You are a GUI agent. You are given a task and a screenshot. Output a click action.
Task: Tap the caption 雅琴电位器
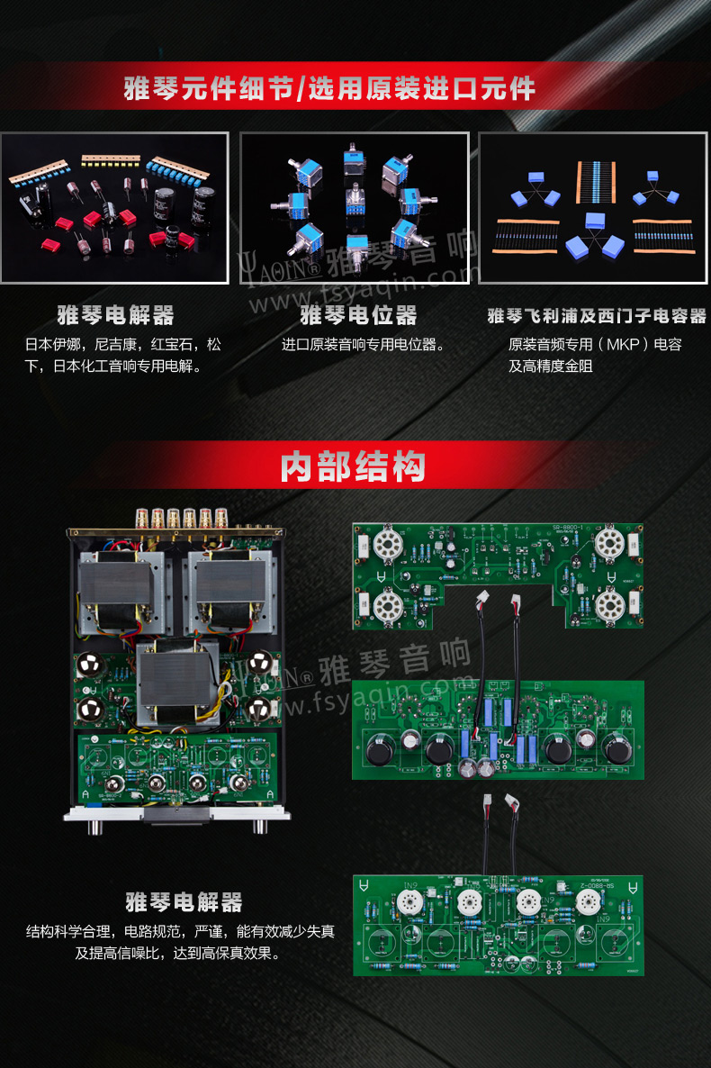click(358, 315)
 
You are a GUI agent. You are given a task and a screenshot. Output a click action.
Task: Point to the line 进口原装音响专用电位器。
click(364, 345)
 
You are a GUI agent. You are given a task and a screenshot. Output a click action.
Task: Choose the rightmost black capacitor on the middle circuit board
click(617, 749)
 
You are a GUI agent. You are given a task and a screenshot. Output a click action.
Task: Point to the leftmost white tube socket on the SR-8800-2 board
click(409, 903)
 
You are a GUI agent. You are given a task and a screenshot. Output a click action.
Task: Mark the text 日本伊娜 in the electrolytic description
click(52, 345)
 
